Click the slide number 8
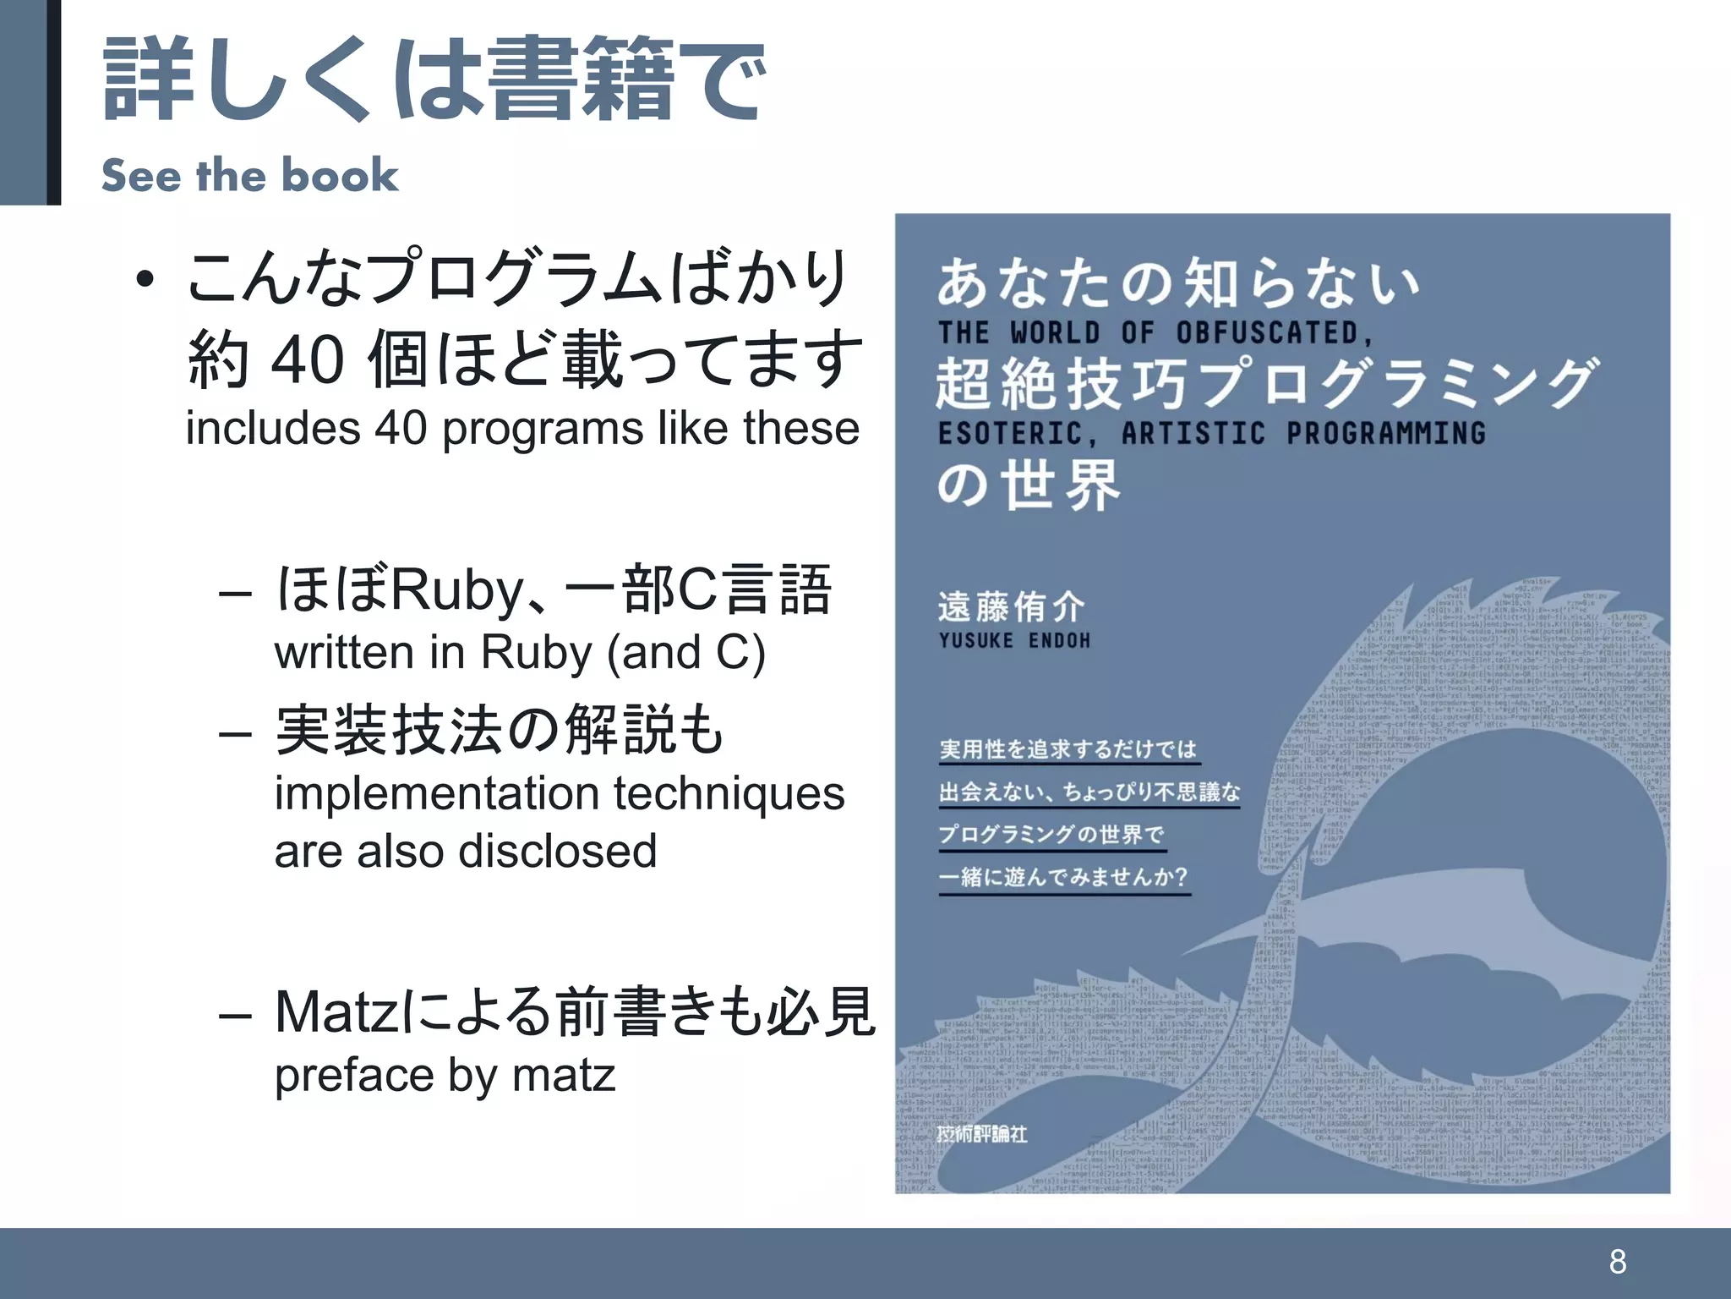(x=1617, y=1261)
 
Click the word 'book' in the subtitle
(x=339, y=175)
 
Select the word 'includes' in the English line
(x=272, y=428)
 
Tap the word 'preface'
(x=353, y=1077)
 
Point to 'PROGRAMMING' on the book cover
(x=1386, y=433)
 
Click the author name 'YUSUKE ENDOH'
(x=1014, y=640)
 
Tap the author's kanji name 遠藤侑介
(x=1011, y=606)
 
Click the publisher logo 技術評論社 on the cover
(x=981, y=1133)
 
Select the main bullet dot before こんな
(x=145, y=280)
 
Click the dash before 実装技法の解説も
(x=235, y=732)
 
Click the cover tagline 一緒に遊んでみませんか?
(x=1063, y=876)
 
